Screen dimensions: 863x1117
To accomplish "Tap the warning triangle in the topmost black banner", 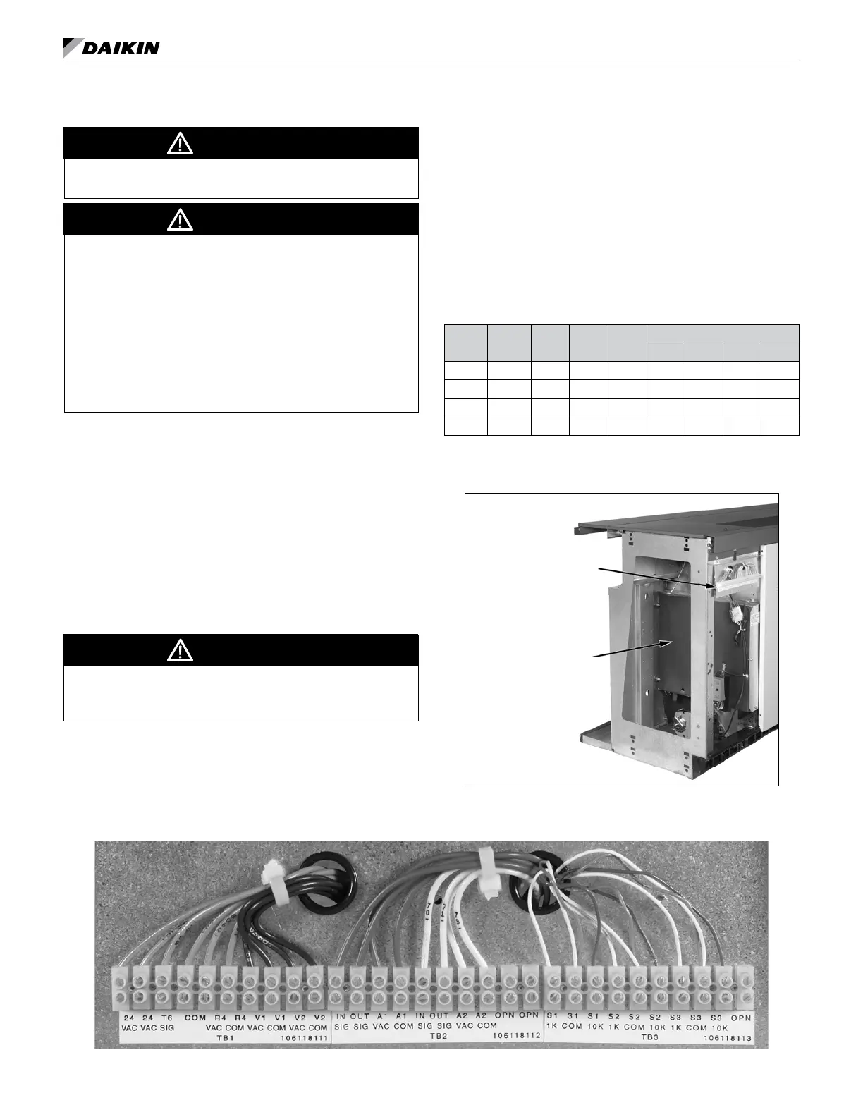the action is (180, 144).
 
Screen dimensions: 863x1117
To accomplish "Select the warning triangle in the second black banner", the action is (180, 220).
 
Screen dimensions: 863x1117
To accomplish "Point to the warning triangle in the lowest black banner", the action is (180, 650).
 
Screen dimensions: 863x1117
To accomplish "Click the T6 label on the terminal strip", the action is (167, 1018).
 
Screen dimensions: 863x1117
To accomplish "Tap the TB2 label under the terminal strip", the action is (438, 1038).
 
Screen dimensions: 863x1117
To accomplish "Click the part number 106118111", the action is (304, 1038).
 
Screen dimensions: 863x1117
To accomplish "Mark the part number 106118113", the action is (728, 1038).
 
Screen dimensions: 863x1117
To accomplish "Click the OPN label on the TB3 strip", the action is (740, 1018).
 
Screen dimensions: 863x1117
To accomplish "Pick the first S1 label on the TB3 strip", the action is (552, 1018).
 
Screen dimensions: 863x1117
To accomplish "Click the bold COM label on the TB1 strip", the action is (195, 1018).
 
